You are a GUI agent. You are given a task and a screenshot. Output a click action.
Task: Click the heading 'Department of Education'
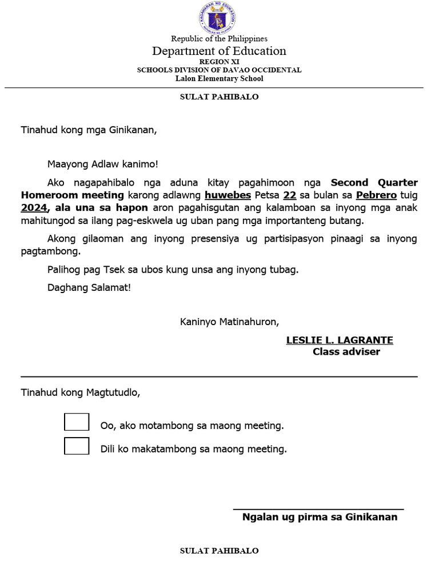[219, 51]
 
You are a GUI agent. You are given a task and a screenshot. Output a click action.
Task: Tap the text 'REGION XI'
[219, 62]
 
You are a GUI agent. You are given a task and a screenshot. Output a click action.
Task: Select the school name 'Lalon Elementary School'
[219, 79]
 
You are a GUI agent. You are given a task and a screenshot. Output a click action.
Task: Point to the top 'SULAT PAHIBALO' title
[219, 97]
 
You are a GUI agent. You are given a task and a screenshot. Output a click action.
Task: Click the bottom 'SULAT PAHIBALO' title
[219, 551]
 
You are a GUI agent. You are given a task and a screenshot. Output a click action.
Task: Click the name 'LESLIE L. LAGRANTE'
[340, 340]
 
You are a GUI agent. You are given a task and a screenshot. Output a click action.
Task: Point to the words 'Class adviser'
[346, 352]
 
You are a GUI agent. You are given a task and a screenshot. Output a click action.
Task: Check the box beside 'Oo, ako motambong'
[77, 422]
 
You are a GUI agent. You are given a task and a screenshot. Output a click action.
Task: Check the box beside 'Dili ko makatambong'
[77, 446]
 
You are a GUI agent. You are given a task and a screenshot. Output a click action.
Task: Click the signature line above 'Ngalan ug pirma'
[318, 508]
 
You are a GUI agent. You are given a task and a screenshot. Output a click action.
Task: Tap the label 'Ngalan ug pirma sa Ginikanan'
[320, 517]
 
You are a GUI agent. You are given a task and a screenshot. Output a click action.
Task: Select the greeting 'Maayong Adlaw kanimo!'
[102, 165]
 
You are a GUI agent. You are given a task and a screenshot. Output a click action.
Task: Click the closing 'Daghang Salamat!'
[89, 287]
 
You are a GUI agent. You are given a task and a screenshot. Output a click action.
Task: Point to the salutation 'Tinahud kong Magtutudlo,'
[80, 393]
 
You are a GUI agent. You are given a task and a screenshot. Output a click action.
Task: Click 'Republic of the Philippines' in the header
[219, 39]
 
